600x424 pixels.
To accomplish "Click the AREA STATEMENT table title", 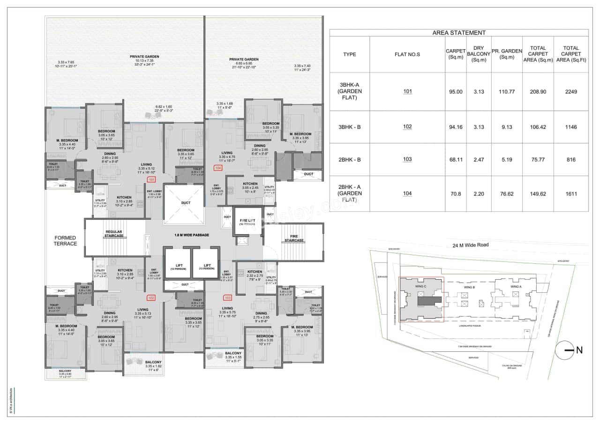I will pyautogui.click(x=458, y=33).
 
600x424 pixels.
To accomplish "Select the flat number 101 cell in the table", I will pyautogui.click(x=407, y=91).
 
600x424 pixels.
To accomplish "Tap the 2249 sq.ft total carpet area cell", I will pyautogui.click(x=571, y=92).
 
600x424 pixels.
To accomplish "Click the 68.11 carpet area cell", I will pyautogui.click(x=456, y=160).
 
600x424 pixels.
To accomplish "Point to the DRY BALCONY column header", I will pyautogui.click(x=479, y=54).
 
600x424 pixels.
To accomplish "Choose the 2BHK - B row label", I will pyautogui.click(x=349, y=160).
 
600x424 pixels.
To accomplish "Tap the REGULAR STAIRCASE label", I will pyautogui.click(x=114, y=234).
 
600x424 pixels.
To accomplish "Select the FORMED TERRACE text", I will pyautogui.click(x=65, y=241).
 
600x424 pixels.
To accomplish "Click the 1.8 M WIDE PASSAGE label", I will pyautogui.click(x=191, y=235).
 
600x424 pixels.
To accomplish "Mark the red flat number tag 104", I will pyautogui.click(x=218, y=167).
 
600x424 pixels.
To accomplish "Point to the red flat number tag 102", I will pyautogui.click(x=151, y=298).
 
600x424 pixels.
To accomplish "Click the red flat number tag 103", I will pyautogui.click(x=228, y=298).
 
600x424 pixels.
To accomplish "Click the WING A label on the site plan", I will pyautogui.click(x=516, y=286).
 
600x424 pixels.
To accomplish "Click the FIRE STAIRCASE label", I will pyautogui.click(x=294, y=238).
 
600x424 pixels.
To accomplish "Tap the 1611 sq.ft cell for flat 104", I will pyautogui.click(x=571, y=193).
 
